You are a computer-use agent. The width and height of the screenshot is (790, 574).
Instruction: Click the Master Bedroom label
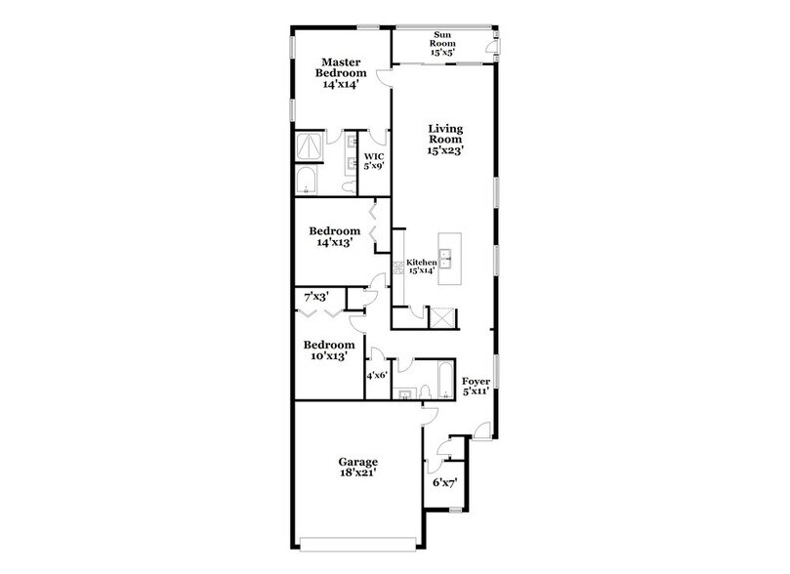click(341, 74)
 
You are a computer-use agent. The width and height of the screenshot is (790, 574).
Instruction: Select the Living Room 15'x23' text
click(444, 140)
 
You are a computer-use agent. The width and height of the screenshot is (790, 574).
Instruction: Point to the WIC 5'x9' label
click(374, 161)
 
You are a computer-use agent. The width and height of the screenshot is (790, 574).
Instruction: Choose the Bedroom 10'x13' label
click(328, 351)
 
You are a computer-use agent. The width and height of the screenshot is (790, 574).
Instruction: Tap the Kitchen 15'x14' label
click(420, 266)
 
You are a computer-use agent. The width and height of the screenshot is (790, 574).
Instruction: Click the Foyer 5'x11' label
click(476, 387)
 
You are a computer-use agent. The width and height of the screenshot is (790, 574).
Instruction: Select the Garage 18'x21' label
click(358, 468)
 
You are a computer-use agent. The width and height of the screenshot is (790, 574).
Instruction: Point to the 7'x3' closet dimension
click(315, 296)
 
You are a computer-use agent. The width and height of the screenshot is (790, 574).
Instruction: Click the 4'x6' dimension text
click(377, 375)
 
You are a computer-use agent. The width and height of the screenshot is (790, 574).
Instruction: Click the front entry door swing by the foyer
click(480, 426)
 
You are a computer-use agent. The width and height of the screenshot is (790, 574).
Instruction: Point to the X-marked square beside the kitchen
click(444, 317)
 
